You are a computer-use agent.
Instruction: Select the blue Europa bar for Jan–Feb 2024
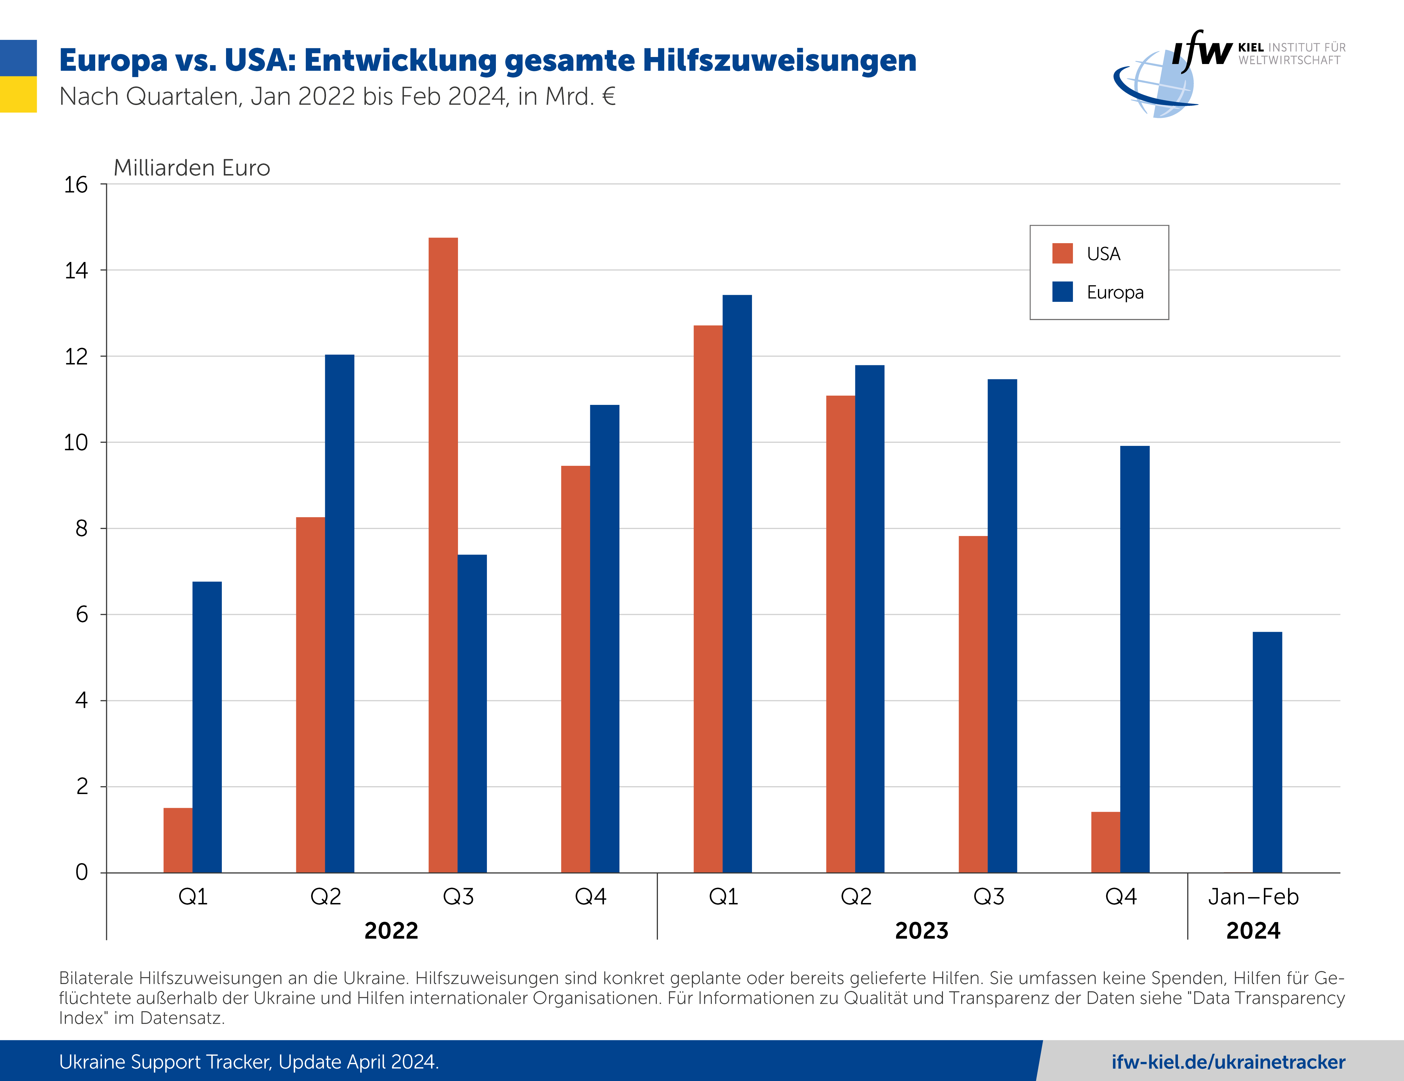click(x=1267, y=752)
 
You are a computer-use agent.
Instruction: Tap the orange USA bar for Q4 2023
click(x=1105, y=842)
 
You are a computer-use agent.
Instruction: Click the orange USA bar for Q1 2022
click(x=177, y=840)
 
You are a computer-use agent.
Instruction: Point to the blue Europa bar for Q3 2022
click(x=472, y=713)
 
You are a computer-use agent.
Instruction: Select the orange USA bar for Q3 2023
click(x=973, y=704)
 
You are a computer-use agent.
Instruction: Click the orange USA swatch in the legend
click(x=1062, y=253)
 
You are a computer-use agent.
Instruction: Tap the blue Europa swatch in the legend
click(x=1062, y=292)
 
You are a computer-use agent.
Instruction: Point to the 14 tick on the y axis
click(x=76, y=271)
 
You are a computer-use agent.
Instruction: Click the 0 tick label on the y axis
click(x=82, y=872)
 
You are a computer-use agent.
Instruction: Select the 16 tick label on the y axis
click(x=76, y=185)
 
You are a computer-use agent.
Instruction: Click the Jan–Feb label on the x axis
click(x=1253, y=897)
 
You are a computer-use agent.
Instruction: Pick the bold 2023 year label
click(x=921, y=930)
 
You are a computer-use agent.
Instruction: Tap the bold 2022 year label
click(x=391, y=930)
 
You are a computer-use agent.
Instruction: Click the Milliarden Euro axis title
click(x=192, y=168)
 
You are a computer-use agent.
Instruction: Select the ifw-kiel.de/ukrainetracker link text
click(x=1228, y=1062)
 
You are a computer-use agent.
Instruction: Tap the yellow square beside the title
click(x=18, y=94)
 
